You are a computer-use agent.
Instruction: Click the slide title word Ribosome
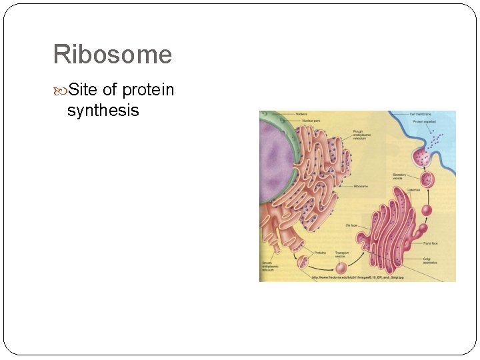click(112, 55)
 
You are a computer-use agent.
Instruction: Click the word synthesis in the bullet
click(103, 110)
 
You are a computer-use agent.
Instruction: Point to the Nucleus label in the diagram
click(301, 115)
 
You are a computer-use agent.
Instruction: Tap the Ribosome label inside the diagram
click(361, 187)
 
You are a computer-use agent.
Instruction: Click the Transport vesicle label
click(341, 255)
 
